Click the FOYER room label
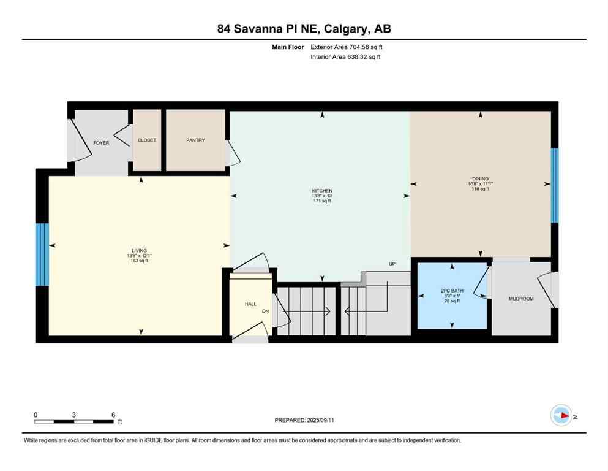coord(101,143)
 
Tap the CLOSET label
coord(147,140)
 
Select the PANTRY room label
coord(195,140)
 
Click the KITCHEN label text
coord(321,191)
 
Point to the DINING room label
coord(480,179)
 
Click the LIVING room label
coord(138,251)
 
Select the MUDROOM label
coord(521,299)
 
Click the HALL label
coord(250,304)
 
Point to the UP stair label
coord(392,264)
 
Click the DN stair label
coord(266,311)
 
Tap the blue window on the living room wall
coord(42,255)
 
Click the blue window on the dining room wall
coord(555,185)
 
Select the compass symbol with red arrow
coord(561,415)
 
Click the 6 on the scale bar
coord(113,415)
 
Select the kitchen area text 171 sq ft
coord(321,201)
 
